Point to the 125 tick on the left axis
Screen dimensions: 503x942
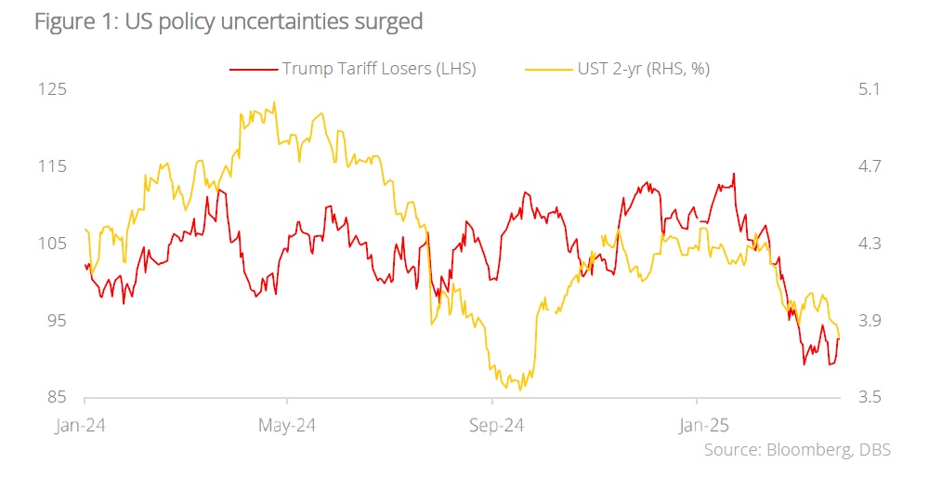52,89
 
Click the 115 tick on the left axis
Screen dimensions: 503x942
52,166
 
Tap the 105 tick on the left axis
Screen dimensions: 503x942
52,244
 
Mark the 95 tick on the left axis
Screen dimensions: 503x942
54,321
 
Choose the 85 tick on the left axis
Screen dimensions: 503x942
54,398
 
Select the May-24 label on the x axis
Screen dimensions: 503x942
288,426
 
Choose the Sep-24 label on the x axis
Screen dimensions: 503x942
493,426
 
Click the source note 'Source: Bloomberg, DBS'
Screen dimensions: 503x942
797,451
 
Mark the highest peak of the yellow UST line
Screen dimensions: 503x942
273,102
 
